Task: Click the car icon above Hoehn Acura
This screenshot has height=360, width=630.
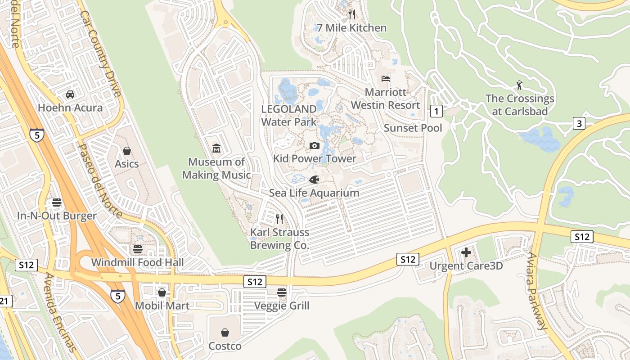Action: [x=70, y=94]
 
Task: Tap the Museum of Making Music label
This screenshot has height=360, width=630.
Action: [x=216, y=168]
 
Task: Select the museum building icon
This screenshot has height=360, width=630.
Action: [x=216, y=148]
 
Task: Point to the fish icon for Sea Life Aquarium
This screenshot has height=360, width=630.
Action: [x=314, y=180]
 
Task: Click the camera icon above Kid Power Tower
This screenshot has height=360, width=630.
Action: [x=315, y=145]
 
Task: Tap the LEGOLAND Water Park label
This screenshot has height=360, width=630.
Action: [x=289, y=115]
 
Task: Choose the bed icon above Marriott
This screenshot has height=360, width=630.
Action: [x=386, y=79]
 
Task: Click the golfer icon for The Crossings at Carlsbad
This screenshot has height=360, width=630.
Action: [x=519, y=85]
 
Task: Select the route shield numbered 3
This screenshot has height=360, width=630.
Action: [x=579, y=123]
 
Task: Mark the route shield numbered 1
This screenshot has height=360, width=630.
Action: [x=436, y=111]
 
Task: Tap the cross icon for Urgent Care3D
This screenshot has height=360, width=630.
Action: [x=466, y=252]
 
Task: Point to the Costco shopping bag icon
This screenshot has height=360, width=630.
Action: [x=225, y=333]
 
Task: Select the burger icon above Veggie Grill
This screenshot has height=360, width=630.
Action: [x=282, y=292]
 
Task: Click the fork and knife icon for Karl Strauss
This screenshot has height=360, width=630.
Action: [x=279, y=219]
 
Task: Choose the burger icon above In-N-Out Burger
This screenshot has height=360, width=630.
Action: [x=57, y=202]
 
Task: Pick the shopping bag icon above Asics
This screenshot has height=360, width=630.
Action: [x=127, y=150]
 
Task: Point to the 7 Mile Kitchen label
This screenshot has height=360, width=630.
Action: [x=352, y=28]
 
